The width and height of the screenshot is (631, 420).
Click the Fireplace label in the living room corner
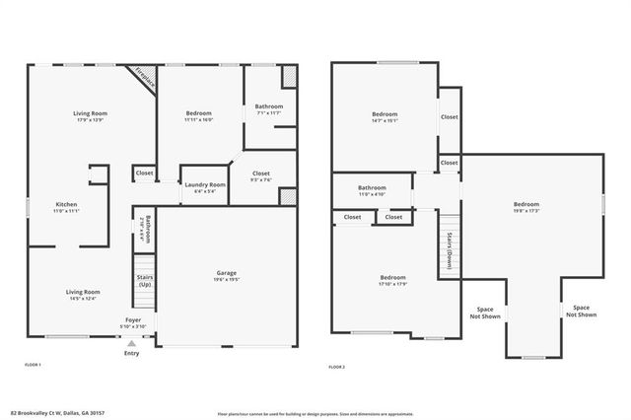(145, 78)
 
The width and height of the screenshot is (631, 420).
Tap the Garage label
(227, 276)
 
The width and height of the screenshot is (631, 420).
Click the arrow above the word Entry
(131, 342)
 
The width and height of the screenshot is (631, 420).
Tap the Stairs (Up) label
(144, 281)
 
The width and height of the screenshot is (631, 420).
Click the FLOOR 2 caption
(338, 366)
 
